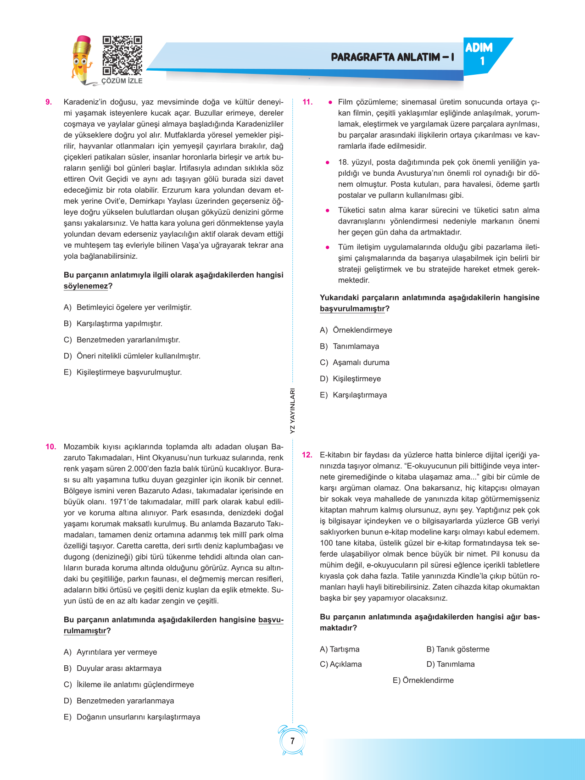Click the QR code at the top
coord(122,55)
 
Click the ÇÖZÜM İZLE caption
coord(122,81)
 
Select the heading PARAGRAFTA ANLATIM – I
coord(392,57)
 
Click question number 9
coord(49,102)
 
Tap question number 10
coord(50,446)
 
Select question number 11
coord(307,102)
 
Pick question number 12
coord(307,455)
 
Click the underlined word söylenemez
coord(86,286)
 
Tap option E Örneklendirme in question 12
coord(423,680)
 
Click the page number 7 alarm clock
coord(292,741)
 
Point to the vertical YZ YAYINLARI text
coord(293,411)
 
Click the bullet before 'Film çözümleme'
coord(330,102)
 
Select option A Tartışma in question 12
coord(340,649)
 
